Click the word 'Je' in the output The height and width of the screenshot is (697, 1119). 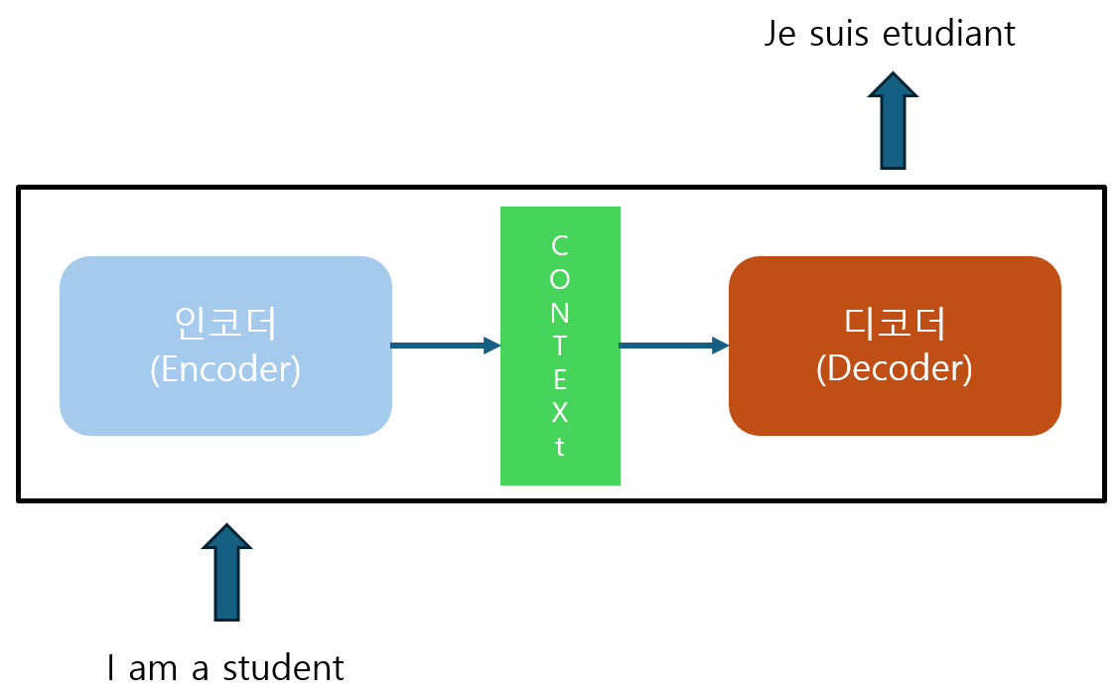[x=780, y=34]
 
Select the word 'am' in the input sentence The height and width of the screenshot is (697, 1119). [x=153, y=668]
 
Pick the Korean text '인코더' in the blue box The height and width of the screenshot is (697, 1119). [x=225, y=323]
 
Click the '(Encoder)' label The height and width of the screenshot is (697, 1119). [x=225, y=368]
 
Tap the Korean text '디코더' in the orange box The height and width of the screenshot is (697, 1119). [x=895, y=323]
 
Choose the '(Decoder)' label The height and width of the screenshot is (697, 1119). [x=895, y=368]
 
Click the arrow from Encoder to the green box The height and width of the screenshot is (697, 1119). [x=446, y=346]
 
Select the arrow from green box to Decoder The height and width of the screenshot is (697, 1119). [x=674, y=346]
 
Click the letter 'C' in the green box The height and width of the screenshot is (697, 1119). [x=560, y=244]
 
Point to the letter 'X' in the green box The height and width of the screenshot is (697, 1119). [x=560, y=412]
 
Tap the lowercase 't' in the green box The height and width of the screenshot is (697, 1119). [x=560, y=447]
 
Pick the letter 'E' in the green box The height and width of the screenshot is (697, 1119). [x=560, y=379]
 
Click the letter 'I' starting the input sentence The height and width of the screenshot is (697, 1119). [x=112, y=668]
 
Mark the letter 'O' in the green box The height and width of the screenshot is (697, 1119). [x=560, y=278]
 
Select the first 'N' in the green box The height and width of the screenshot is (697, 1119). [x=560, y=312]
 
